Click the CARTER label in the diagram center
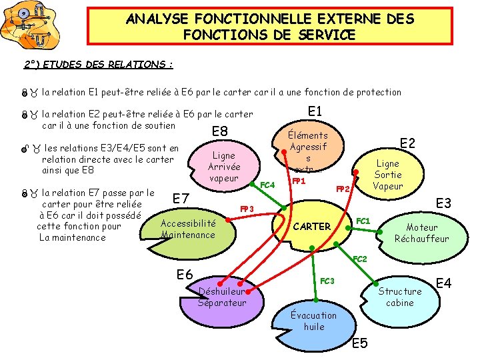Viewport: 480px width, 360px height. point(312,226)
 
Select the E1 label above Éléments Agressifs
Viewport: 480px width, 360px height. point(315,111)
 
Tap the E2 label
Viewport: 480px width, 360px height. point(407,143)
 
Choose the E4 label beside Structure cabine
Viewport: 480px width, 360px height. point(444,283)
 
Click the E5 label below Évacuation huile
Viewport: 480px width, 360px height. point(359,343)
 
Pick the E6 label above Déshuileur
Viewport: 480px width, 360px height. point(185,274)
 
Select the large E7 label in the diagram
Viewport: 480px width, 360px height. point(182,198)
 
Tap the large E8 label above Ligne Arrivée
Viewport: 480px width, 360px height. point(220,131)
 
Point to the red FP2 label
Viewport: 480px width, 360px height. point(343,189)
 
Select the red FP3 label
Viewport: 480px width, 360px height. point(247,209)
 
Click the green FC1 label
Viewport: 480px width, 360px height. point(363,221)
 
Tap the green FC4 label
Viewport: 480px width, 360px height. point(267,184)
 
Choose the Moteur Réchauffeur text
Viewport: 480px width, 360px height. point(421,233)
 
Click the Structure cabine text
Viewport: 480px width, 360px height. point(400,297)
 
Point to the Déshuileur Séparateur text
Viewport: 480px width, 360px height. point(222,297)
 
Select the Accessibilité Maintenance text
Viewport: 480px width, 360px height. point(188,229)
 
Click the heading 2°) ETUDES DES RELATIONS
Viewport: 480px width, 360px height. point(99,65)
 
